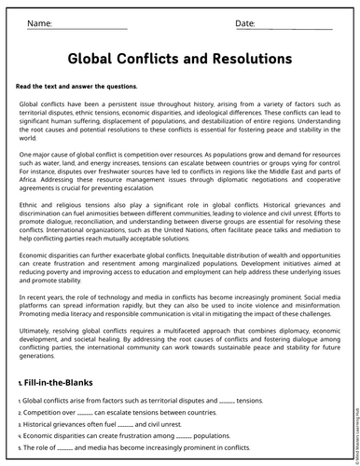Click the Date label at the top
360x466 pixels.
[x=245, y=22]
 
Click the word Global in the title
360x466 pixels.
[x=99, y=59]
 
